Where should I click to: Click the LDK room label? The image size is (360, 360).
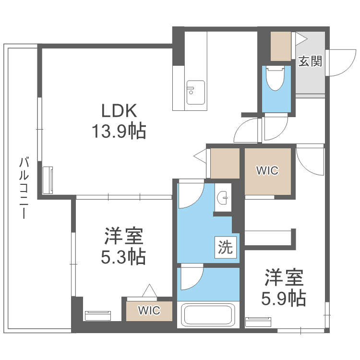(x=119, y=111)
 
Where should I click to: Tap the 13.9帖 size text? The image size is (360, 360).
(x=119, y=131)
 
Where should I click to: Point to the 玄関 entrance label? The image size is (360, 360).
(x=310, y=61)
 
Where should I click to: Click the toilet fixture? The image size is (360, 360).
(x=275, y=78)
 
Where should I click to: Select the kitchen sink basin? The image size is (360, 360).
(x=196, y=92)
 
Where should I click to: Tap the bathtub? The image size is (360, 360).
(x=208, y=314)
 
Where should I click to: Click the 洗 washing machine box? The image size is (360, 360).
(x=226, y=247)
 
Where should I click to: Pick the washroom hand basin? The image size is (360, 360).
(x=223, y=197)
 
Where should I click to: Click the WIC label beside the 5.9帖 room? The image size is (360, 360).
(x=267, y=170)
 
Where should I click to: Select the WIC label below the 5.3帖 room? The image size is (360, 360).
(x=149, y=311)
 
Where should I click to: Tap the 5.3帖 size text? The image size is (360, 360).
(x=123, y=257)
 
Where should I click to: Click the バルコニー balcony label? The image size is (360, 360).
(x=24, y=188)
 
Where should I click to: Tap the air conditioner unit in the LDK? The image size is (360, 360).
(x=48, y=180)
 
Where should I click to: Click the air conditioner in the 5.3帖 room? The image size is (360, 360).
(x=98, y=315)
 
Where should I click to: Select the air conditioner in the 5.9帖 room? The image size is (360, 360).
(x=258, y=322)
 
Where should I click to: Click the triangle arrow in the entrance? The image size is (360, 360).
(x=301, y=39)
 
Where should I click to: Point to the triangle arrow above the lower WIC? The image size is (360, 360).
(x=149, y=290)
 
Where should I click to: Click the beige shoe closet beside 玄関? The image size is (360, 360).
(x=281, y=46)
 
